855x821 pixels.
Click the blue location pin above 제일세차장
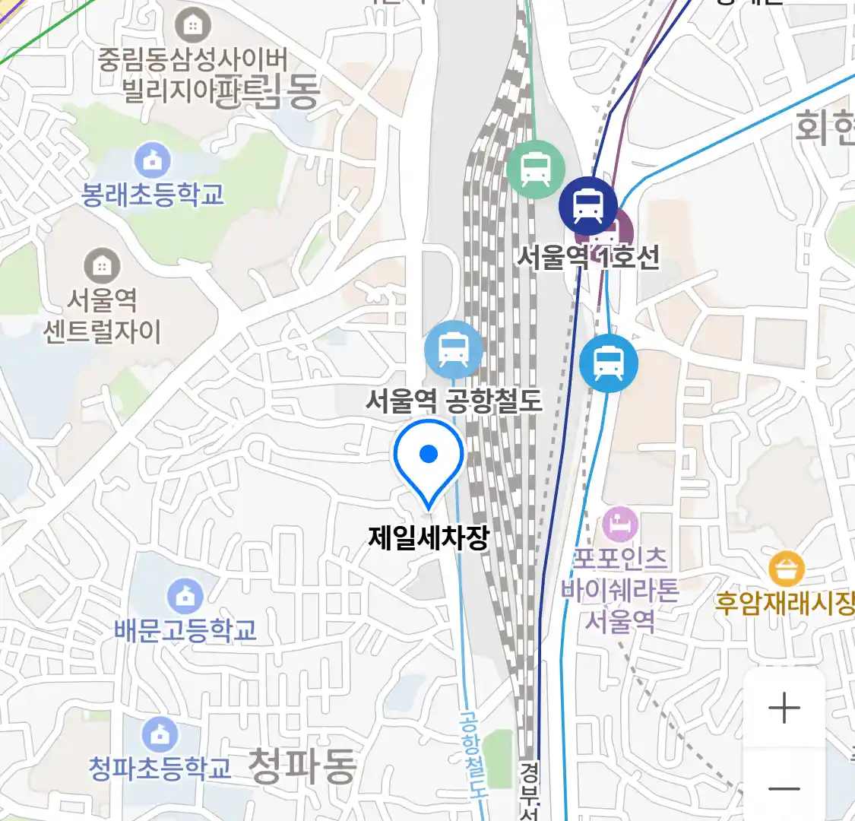click(429, 456)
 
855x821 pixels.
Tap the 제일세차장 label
click(428, 537)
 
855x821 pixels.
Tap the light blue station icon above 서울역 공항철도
click(454, 350)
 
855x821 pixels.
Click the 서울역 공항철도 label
click(454, 401)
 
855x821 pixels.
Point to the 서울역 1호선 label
click(587, 258)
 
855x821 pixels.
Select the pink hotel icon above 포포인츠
click(620, 525)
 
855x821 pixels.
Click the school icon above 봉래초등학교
click(153, 161)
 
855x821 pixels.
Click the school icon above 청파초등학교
click(160, 734)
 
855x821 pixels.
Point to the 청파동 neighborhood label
click(302, 765)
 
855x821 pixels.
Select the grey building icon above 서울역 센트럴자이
click(102, 265)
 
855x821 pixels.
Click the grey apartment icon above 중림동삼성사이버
click(193, 26)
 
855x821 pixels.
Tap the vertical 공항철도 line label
click(473, 753)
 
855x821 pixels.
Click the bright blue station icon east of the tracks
click(608, 363)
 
